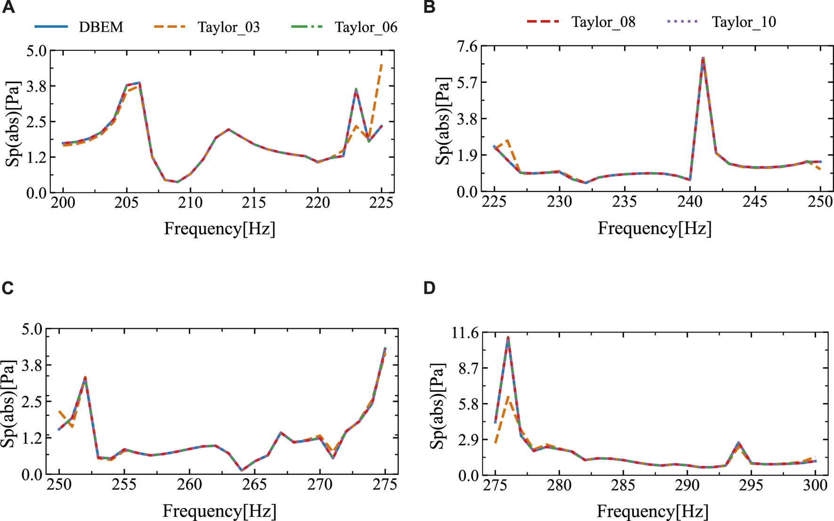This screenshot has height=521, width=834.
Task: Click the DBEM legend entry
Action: point(101,27)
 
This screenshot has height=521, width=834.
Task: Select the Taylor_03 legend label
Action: point(228,27)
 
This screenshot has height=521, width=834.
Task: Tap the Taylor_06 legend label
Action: point(366,27)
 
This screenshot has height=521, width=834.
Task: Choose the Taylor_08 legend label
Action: point(603,22)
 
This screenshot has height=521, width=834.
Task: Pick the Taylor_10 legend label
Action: point(744,22)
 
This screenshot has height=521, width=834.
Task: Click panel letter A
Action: point(8,8)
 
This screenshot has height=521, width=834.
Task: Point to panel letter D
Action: point(429,288)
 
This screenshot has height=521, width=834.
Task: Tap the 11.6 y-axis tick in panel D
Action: point(464,333)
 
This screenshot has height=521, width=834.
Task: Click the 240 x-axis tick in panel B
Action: point(690,202)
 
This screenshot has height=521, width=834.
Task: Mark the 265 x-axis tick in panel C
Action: point(255,485)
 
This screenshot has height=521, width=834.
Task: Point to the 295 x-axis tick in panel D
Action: point(751,485)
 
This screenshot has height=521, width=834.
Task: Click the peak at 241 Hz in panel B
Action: point(703,58)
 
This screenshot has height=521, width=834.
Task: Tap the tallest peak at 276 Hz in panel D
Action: point(508,337)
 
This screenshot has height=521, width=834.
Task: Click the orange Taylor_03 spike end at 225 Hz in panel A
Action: point(381,63)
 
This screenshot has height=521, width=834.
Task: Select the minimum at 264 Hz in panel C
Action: point(241,470)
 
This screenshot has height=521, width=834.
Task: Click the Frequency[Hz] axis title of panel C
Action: point(219,511)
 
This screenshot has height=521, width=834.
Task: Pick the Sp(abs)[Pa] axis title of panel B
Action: point(442,121)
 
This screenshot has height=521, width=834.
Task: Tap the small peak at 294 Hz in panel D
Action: point(738,443)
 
